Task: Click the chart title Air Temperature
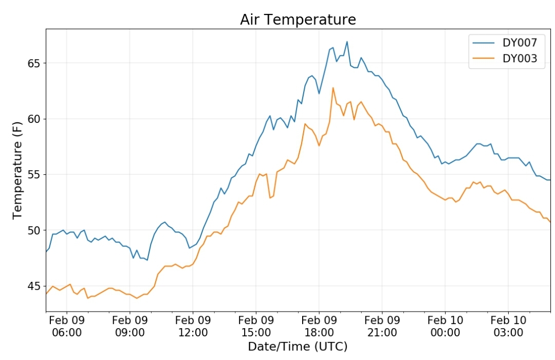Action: click(x=298, y=20)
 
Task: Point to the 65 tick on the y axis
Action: click(x=34, y=63)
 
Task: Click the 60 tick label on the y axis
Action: click(x=34, y=119)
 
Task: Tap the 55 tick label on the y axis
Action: click(x=34, y=175)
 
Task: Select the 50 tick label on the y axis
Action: click(x=34, y=230)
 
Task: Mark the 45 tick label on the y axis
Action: click(x=34, y=286)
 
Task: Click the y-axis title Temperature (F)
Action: click(x=17, y=170)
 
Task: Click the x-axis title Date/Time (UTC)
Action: click(x=298, y=347)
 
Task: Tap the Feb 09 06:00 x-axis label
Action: click(x=66, y=327)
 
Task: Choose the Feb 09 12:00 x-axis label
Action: click(x=193, y=327)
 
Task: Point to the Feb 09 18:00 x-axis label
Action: click(x=319, y=327)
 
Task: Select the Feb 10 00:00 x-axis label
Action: click(x=445, y=327)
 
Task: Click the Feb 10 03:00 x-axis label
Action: click(x=508, y=327)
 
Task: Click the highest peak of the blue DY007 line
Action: click(x=347, y=42)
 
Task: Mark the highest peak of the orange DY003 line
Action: click(x=332, y=88)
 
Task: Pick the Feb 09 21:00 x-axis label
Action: click(x=382, y=327)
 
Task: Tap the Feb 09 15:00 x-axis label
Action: click(x=256, y=327)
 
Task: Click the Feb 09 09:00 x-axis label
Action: click(x=130, y=327)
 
